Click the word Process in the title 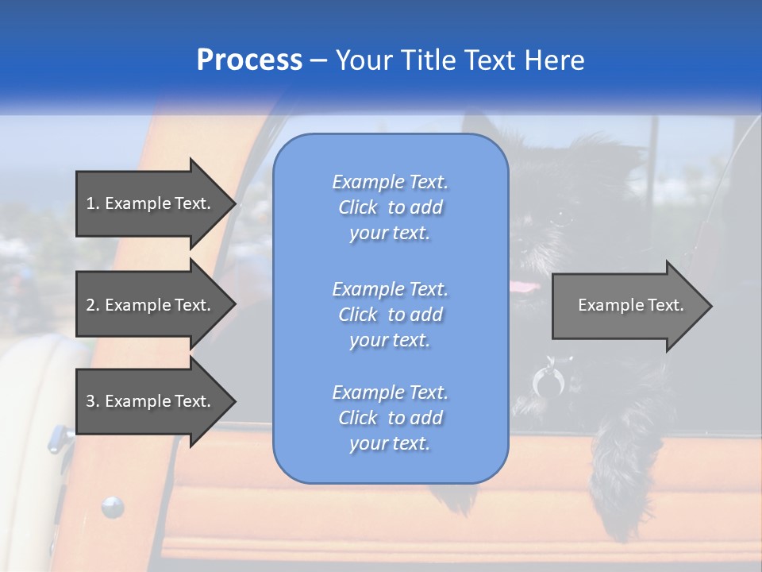249,60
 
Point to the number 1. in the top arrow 92,203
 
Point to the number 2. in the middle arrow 92,305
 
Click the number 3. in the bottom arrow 92,401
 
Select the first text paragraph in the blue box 390,207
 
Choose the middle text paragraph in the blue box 390,314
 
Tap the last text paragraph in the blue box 390,418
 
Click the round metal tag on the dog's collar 548,383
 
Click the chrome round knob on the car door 112,505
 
